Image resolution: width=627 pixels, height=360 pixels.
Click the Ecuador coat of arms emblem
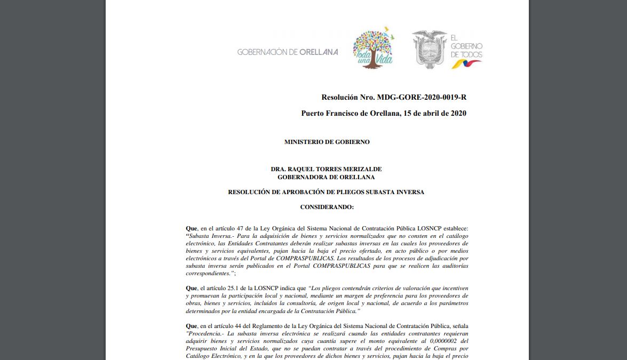429,50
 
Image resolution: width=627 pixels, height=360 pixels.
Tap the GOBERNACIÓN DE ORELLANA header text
288,52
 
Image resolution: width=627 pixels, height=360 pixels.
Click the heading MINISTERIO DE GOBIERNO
327,142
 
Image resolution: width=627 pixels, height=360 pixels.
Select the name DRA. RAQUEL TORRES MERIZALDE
326,169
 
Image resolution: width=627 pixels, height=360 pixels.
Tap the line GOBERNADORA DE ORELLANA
326,177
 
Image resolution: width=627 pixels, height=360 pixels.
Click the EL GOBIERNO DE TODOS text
466,46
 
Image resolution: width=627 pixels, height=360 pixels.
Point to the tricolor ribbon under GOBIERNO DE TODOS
466,64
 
